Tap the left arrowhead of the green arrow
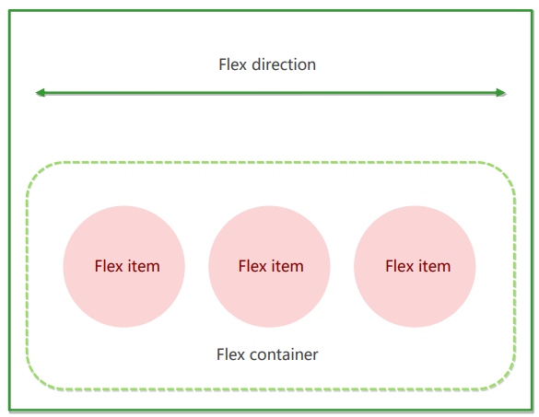tap(41, 92)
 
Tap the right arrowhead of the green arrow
tap(500, 92)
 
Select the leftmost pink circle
tap(123, 266)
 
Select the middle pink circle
tap(269, 266)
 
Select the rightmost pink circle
tap(415, 266)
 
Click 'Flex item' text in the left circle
tap(127, 266)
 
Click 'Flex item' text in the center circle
tap(271, 266)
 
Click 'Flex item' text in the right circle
tap(417, 266)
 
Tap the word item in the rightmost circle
tap(434, 266)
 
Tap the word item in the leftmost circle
tap(144, 266)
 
